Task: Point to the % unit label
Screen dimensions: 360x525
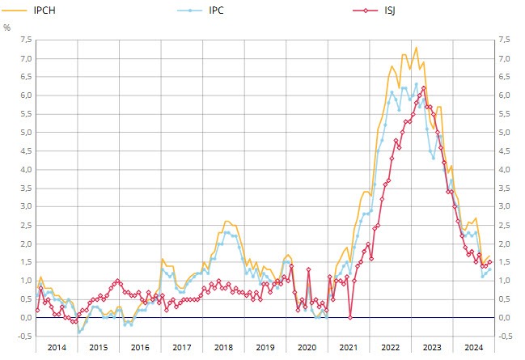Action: coord(7,28)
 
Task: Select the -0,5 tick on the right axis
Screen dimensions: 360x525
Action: coord(506,336)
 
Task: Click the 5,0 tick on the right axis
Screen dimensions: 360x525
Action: coord(505,132)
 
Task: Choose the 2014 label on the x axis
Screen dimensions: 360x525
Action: coord(57,346)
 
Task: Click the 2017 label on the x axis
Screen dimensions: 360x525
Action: coord(181,346)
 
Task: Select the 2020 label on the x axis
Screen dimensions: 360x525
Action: coord(307,346)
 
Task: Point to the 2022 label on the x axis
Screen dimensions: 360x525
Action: coord(390,346)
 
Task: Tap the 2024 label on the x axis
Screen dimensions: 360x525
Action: coord(473,346)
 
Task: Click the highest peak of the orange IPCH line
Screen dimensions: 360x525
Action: coord(417,47)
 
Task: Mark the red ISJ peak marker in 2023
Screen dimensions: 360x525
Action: coord(423,87)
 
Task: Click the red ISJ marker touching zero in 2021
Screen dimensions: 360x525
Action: coord(350,317)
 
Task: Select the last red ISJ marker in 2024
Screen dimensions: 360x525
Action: coord(490,261)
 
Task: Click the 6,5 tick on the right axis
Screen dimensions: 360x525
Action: coord(505,77)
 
